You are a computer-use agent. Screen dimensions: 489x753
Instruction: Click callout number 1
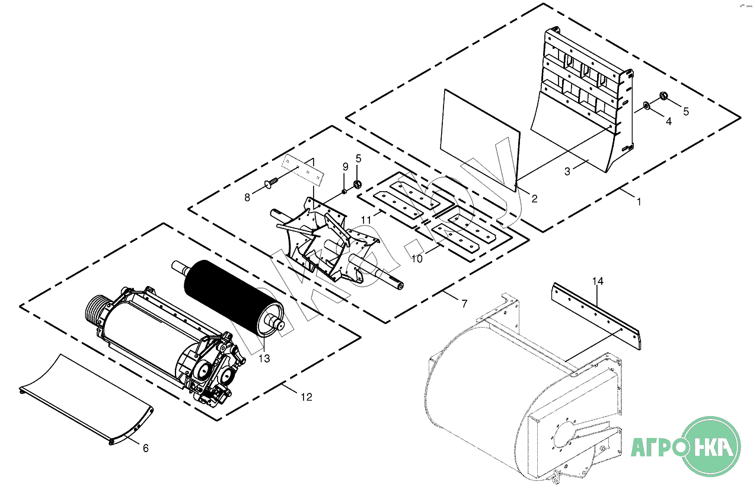(x=639, y=202)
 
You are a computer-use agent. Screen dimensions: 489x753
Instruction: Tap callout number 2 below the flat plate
(x=534, y=199)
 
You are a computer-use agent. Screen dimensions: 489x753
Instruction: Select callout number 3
(x=567, y=172)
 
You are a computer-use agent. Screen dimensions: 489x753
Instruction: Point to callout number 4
(x=668, y=121)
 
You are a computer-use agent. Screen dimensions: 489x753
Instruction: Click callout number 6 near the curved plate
(x=146, y=448)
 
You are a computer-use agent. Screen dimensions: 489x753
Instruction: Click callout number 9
(x=345, y=166)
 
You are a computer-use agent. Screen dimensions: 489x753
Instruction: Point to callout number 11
(x=366, y=220)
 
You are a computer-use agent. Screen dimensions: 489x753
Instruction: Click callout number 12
(x=306, y=397)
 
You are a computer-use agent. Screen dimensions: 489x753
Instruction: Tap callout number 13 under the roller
(x=264, y=358)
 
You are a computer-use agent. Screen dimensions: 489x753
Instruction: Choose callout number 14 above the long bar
(x=598, y=281)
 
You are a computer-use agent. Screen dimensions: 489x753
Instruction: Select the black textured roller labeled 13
(x=231, y=297)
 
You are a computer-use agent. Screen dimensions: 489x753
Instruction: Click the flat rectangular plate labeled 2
(x=479, y=140)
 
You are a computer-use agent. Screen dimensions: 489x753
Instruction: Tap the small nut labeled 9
(x=344, y=191)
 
